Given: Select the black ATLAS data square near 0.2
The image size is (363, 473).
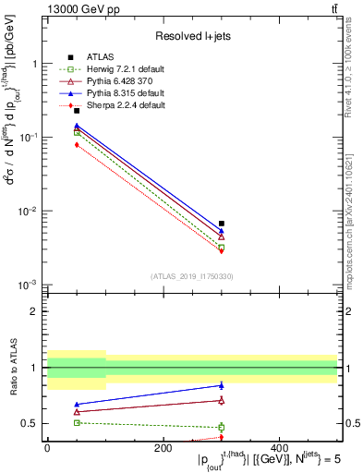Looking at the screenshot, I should (77, 111).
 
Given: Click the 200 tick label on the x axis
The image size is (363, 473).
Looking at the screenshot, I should (163, 447).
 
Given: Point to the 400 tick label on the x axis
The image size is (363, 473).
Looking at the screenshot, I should (279, 447).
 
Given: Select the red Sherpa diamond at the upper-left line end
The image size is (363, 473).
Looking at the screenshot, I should (77, 145).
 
